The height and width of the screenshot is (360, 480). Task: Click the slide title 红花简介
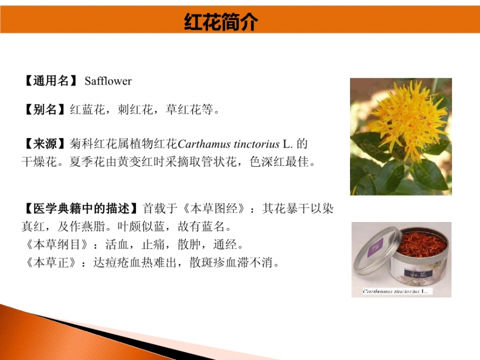pos(221,22)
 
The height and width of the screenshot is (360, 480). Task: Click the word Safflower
pos(108,81)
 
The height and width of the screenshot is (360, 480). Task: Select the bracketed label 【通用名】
pos(51,81)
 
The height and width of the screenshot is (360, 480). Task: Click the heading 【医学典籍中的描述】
pos(81,209)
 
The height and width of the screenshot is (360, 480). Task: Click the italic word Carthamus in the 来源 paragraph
pos(203,144)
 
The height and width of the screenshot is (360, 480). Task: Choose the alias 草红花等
pos(189,109)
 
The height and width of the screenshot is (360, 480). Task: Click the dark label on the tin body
pos(419,273)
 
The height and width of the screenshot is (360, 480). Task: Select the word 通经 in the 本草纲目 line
pos(225,244)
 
